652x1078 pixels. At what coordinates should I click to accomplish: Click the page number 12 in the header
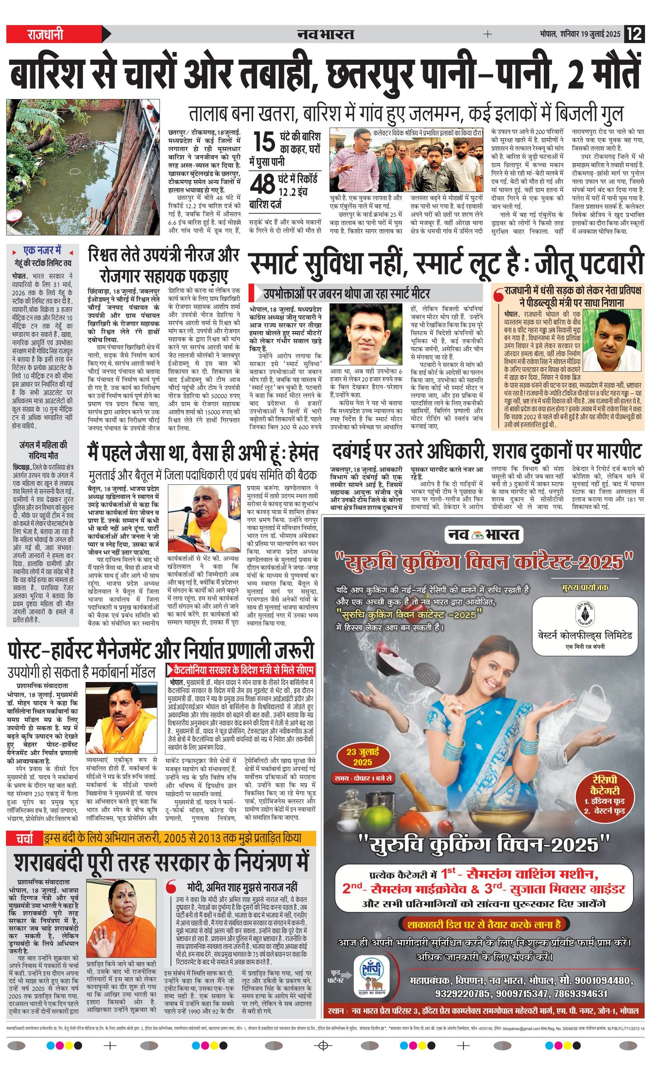point(634,34)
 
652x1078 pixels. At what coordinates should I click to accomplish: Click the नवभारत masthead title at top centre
point(325,34)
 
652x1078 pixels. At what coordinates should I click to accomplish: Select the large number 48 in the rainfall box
point(262,184)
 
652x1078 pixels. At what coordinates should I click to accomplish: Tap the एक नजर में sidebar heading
point(42,251)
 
